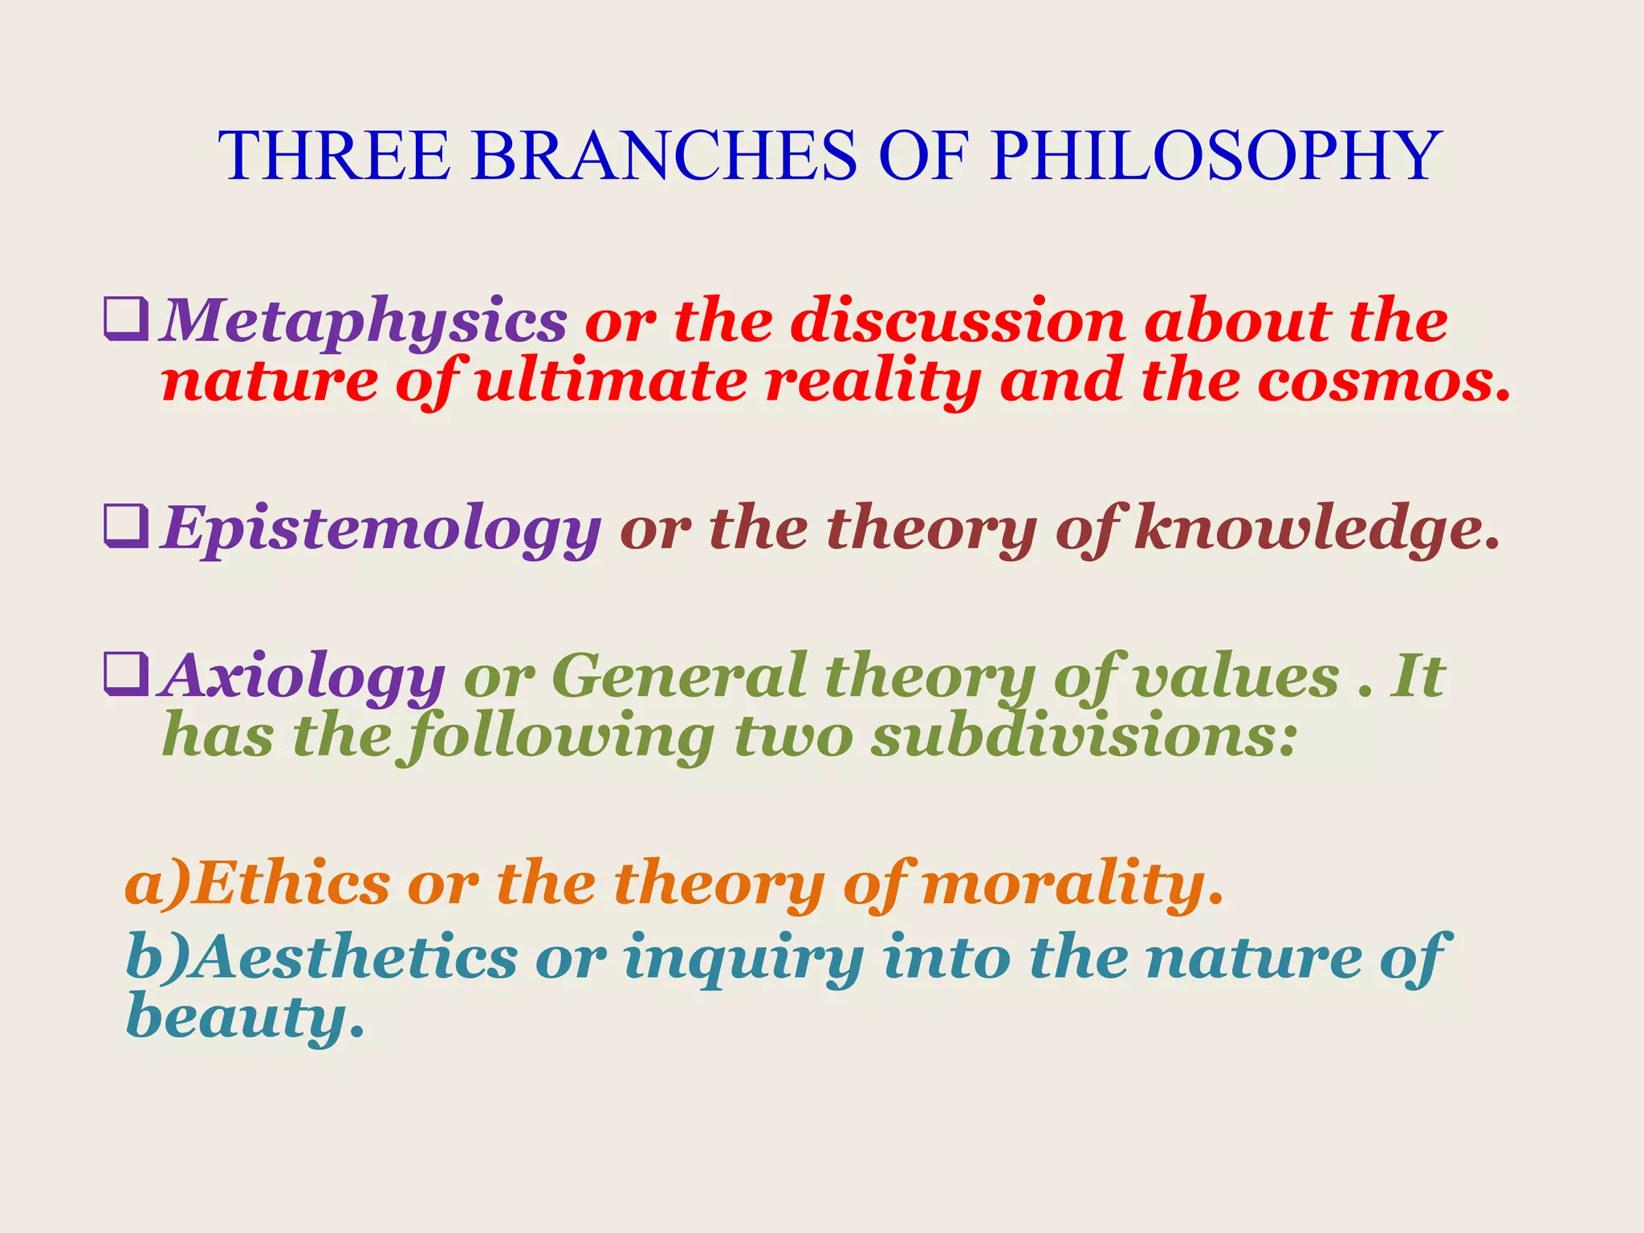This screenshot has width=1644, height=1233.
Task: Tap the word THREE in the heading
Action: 334,156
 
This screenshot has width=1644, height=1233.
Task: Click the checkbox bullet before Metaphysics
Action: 126,319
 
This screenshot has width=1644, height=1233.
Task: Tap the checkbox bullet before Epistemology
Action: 126,526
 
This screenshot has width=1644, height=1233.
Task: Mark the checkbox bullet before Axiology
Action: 126,674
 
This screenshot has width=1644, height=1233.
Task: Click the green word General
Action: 679,676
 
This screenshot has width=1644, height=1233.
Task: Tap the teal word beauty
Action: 244,1018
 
